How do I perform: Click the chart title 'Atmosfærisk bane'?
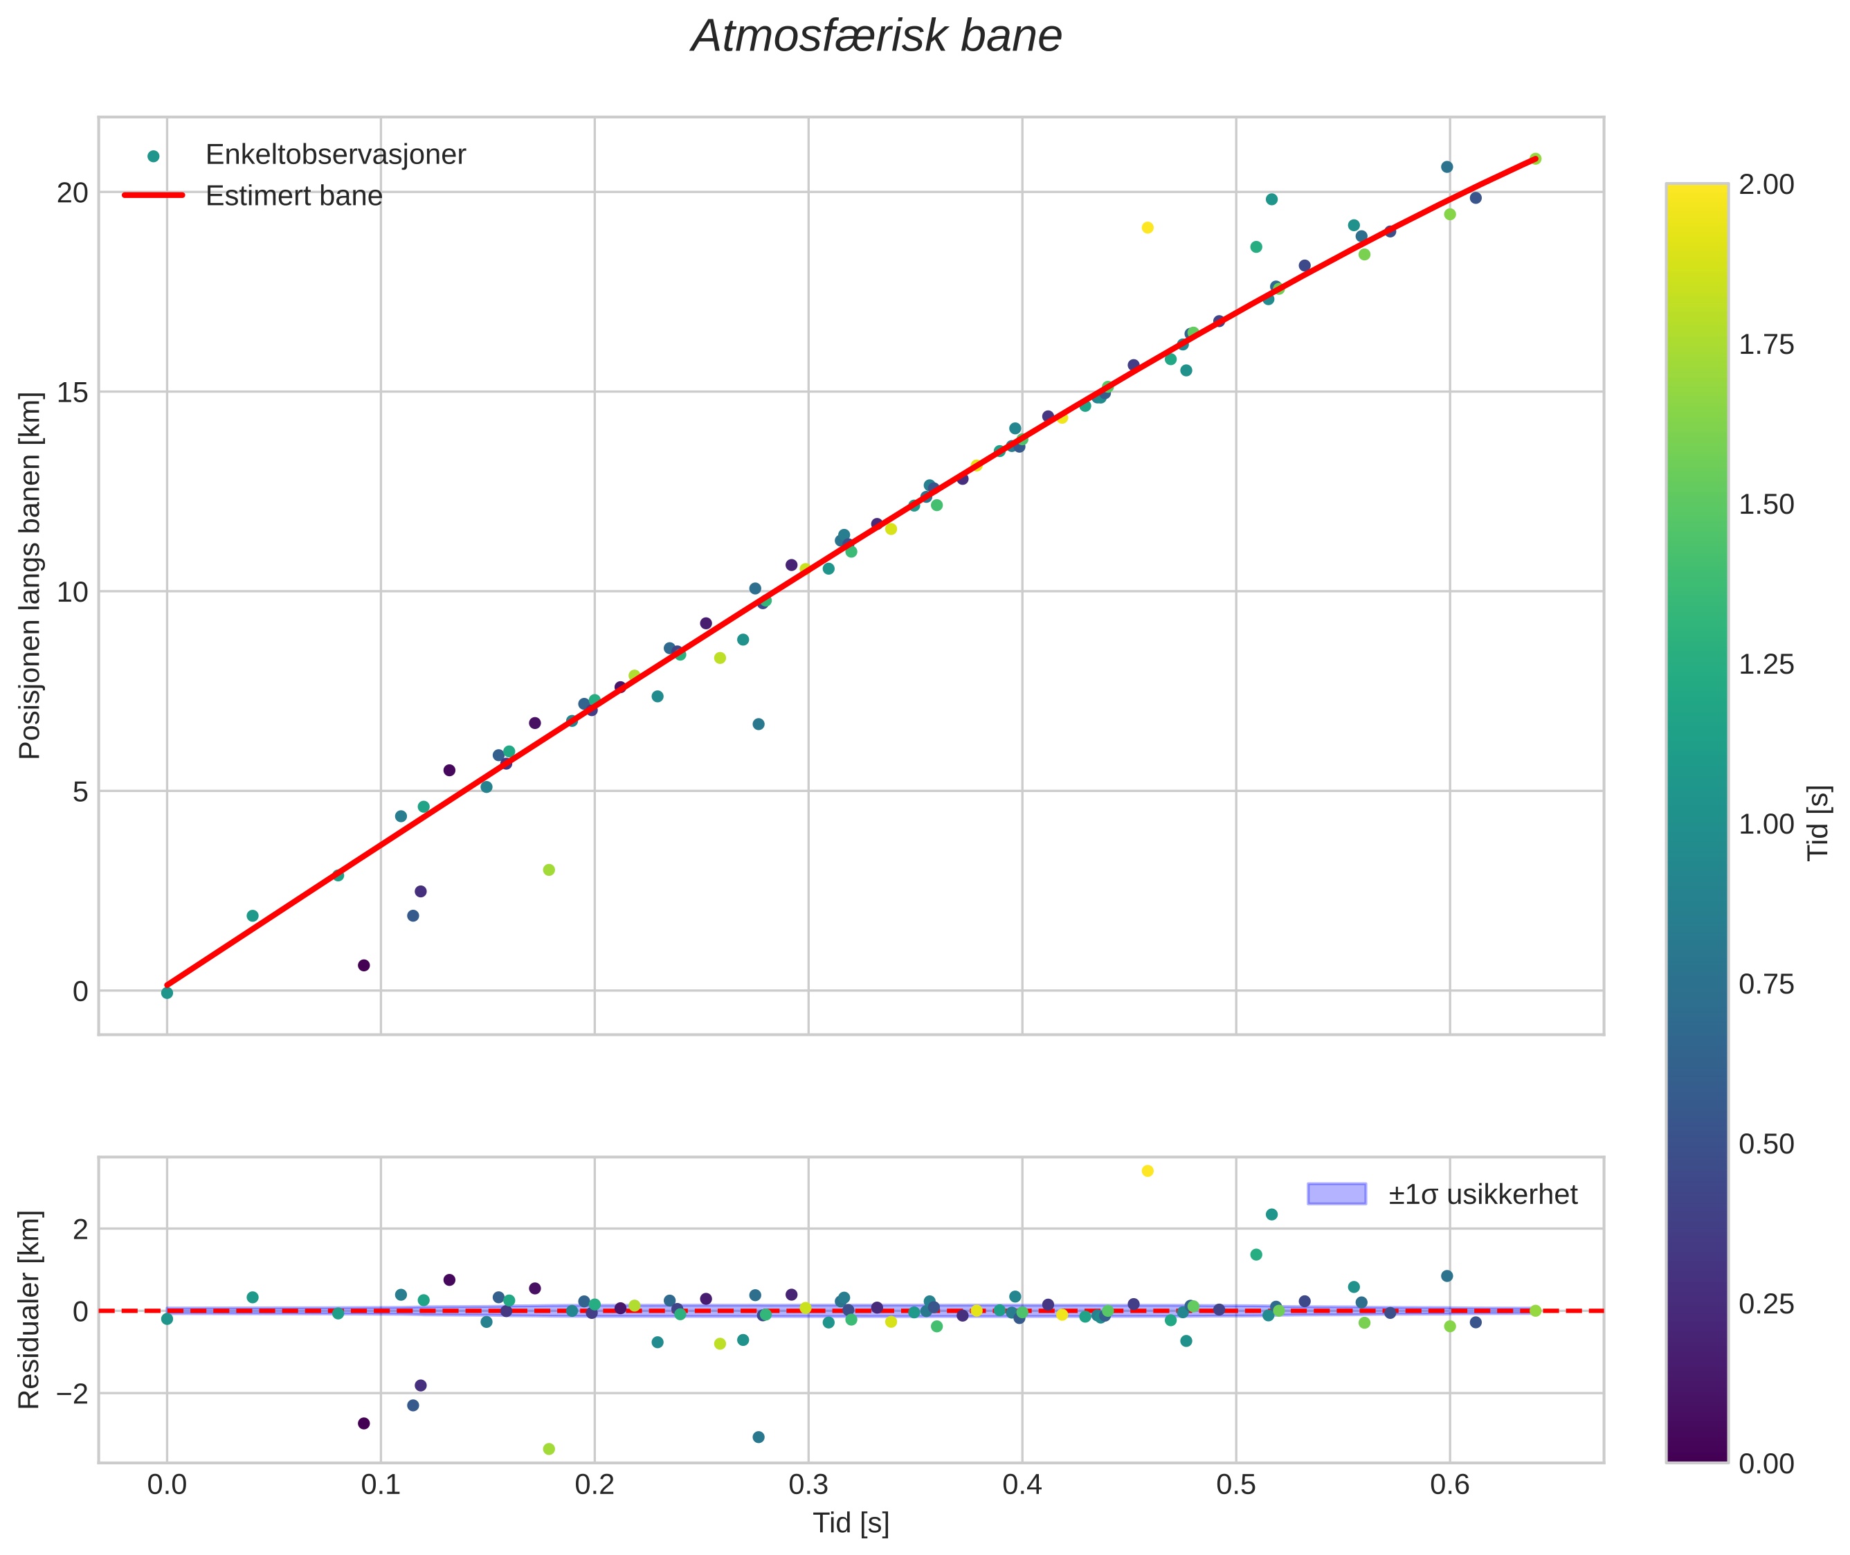(876, 37)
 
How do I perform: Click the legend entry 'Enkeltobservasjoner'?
(335, 154)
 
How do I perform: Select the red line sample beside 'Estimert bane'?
(154, 195)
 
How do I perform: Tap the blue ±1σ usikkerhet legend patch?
(1336, 1194)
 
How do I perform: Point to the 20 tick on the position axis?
(73, 192)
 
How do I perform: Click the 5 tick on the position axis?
(81, 791)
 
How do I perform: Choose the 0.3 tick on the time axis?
(808, 1484)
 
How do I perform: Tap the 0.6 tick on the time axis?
(1450, 1484)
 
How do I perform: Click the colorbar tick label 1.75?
(1766, 345)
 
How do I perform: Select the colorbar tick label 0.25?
(1766, 1304)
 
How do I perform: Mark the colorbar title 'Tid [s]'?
(1819, 823)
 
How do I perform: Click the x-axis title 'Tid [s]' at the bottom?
(851, 1523)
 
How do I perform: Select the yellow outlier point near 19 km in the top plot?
(1148, 227)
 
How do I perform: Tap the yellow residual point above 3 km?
(1148, 1171)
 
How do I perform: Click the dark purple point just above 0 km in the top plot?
(364, 965)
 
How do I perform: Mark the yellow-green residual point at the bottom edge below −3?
(549, 1449)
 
